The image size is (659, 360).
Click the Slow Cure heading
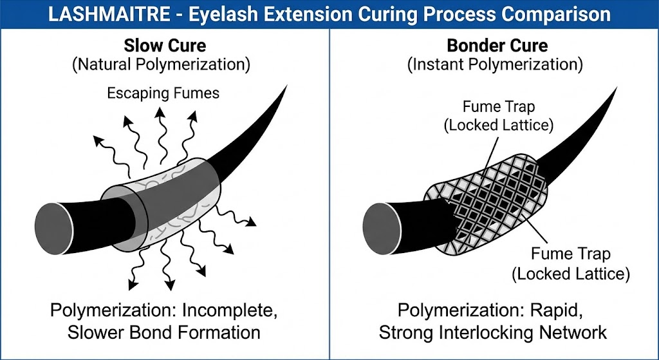165,46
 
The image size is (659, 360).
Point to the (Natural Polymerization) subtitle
165,65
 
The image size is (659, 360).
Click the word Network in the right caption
575,332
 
